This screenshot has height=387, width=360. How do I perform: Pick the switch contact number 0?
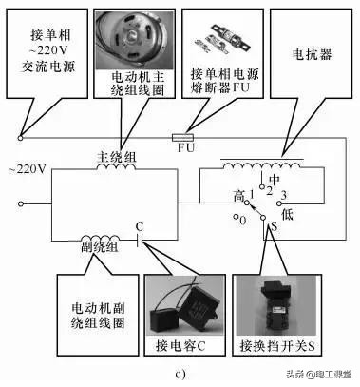tap(245, 222)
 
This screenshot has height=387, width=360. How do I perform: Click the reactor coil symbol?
tap(256, 164)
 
